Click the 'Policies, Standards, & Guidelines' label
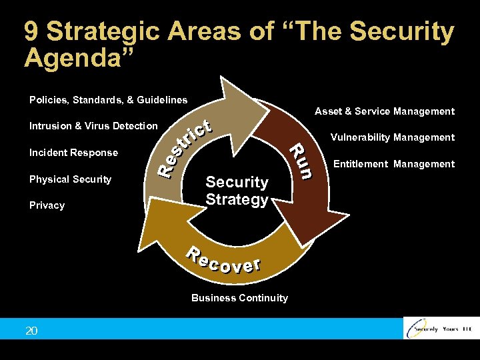point(108,100)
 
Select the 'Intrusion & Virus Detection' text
point(93,125)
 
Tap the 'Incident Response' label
point(73,153)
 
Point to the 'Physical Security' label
point(70,179)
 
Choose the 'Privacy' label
point(47,205)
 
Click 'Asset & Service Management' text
point(385,111)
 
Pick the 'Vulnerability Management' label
point(393,137)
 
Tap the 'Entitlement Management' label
point(393,164)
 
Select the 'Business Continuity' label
point(239,298)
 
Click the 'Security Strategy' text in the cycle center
point(237,191)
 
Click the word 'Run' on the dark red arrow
point(301,161)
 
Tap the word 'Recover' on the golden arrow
point(223,261)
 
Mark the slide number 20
point(31,331)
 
